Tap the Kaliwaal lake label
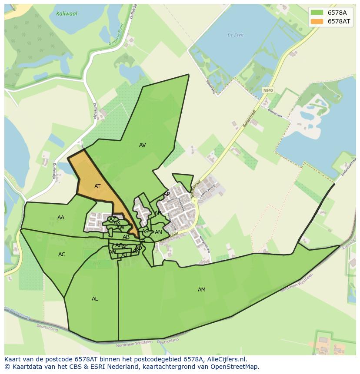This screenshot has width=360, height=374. click(x=67, y=13)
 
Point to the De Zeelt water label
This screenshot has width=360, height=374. click(x=236, y=35)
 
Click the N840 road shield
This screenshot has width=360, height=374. click(x=268, y=90)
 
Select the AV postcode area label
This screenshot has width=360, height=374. click(x=142, y=145)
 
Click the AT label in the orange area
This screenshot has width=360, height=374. click(x=97, y=186)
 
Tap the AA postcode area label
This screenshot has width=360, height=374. click(x=61, y=218)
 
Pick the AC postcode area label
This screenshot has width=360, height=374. click(x=62, y=255)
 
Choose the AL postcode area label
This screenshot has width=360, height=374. click(x=95, y=299)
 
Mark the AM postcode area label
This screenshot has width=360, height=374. click(x=201, y=290)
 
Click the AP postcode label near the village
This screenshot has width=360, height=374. click(x=167, y=194)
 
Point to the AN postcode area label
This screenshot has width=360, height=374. click(x=158, y=232)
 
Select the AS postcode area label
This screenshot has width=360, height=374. click(x=145, y=232)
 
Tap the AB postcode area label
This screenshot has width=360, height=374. click(x=126, y=237)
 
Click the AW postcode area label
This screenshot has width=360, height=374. click(x=120, y=228)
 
